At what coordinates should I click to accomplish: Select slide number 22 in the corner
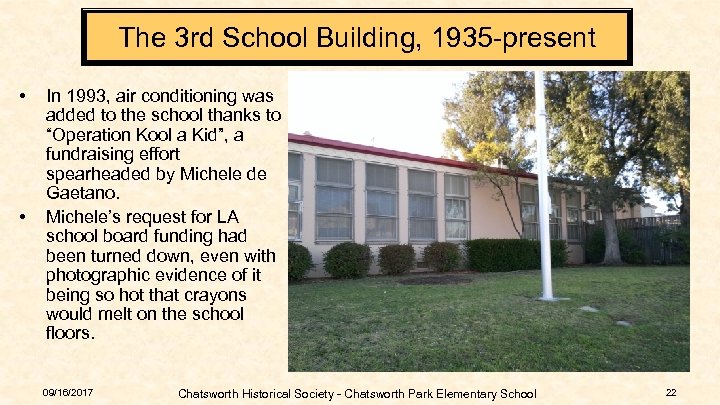click(x=671, y=392)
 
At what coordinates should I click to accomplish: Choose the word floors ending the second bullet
click(x=71, y=334)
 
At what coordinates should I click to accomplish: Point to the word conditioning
click(x=177, y=97)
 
